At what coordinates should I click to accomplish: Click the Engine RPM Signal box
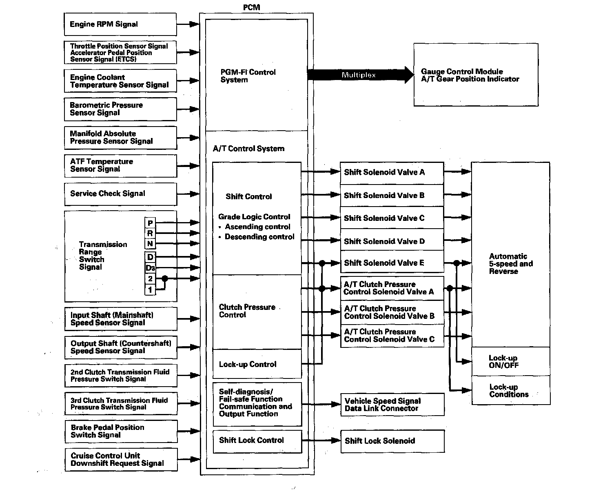pos(120,24)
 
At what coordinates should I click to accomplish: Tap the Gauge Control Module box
pos(476,75)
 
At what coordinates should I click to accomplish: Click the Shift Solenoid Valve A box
pos(392,172)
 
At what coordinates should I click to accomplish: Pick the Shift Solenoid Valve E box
pos(392,263)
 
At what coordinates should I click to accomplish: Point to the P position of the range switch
pos(151,223)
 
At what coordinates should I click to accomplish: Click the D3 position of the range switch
pos(151,268)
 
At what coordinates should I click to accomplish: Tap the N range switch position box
pos(151,244)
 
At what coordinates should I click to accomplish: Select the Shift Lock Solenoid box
pos(392,441)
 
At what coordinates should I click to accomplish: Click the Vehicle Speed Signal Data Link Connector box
pos(392,405)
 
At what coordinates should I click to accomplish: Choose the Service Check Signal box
pos(120,194)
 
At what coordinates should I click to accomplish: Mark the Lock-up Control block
pos(257,364)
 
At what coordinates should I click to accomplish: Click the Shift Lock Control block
pos(257,441)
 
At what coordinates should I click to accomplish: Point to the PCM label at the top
pos(251,7)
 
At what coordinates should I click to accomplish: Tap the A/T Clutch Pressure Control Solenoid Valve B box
pos(392,312)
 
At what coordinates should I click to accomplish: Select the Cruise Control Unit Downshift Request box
pos(121,460)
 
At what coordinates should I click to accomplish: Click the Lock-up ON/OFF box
pos(510,361)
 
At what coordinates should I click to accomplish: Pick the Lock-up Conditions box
pos(510,391)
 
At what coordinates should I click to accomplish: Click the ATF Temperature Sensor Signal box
pos(120,166)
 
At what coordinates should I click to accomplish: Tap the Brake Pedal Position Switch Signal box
pos(121,431)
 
